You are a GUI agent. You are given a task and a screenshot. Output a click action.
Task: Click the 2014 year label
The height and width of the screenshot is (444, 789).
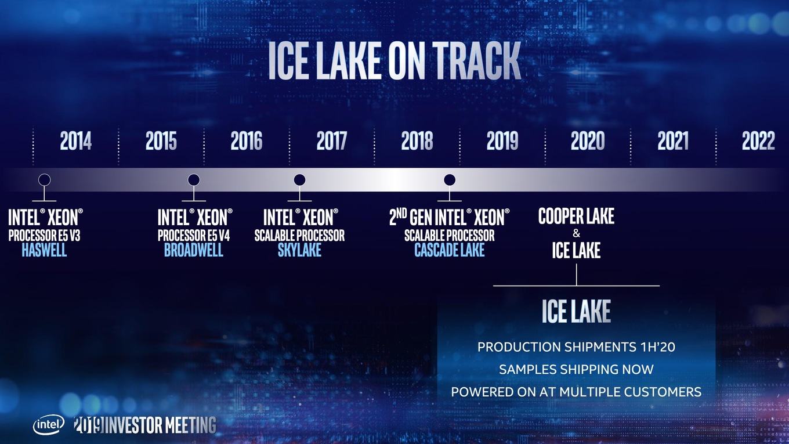pos(76,140)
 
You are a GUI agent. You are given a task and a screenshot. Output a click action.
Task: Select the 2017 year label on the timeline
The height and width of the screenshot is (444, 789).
pos(331,140)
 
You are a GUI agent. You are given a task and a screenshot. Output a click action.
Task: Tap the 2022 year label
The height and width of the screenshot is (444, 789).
pos(758,140)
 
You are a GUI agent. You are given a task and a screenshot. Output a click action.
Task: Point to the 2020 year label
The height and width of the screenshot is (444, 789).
pos(588,140)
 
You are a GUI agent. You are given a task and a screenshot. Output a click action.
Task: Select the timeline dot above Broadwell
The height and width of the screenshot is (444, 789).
pos(194,180)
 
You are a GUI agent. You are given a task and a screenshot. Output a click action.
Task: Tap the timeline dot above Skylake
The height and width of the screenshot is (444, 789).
pos(299,180)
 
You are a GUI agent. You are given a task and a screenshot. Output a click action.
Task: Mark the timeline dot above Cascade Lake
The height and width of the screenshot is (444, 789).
pos(450,180)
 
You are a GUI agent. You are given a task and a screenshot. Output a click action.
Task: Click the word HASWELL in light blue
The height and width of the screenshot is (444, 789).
pos(44,250)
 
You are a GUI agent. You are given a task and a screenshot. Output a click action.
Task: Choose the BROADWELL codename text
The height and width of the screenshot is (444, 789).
pos(194,250)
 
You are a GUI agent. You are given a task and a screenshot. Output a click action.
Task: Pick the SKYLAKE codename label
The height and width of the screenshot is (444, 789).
pos(299,250)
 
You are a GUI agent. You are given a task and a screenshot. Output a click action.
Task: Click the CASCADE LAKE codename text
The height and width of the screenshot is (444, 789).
pos(450,250)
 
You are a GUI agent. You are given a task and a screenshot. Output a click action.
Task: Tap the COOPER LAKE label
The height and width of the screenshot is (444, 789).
pos(576,216)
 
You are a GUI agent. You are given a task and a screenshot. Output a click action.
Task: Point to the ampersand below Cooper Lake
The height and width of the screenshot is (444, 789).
pos(576,233)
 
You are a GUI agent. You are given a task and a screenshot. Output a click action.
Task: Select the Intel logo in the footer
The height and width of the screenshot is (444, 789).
pos(49,425)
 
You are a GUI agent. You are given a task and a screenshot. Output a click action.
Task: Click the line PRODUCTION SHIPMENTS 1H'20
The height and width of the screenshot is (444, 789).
pos(576,347)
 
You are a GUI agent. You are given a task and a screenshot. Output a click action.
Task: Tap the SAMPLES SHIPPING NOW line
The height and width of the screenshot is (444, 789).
pos(576,369)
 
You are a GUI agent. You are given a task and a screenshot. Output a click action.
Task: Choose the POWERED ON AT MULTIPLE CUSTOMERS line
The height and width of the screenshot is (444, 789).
pos(576,392)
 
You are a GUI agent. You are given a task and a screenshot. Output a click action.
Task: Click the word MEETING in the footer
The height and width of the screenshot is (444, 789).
pos(190,425)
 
